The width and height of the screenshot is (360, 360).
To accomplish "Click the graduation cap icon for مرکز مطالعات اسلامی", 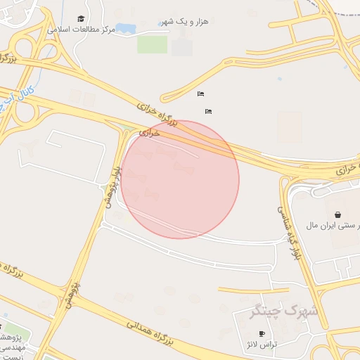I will click(x=81, y=19).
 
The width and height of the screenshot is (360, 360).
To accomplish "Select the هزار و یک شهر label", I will click(x=185, y=22).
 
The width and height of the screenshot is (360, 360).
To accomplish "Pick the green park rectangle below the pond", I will click(x=152, y=44).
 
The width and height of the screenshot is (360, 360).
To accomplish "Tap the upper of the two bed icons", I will click(x=201, y=94).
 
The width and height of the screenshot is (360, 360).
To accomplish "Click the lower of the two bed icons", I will click(x=208, y=111).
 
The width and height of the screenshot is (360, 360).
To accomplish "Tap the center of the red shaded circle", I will click(x=180, y=179).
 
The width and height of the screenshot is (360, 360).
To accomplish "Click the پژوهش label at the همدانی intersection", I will click(x=73, y=294).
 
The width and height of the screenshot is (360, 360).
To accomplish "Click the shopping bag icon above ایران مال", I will click(x=338, y=214).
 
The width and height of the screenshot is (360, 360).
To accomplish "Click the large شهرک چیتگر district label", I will click(x=284, y=309).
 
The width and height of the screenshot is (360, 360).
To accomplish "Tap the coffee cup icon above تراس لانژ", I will click(x=262, y=333).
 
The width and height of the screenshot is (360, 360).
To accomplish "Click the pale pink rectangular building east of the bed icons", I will click(x=289, y=127).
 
